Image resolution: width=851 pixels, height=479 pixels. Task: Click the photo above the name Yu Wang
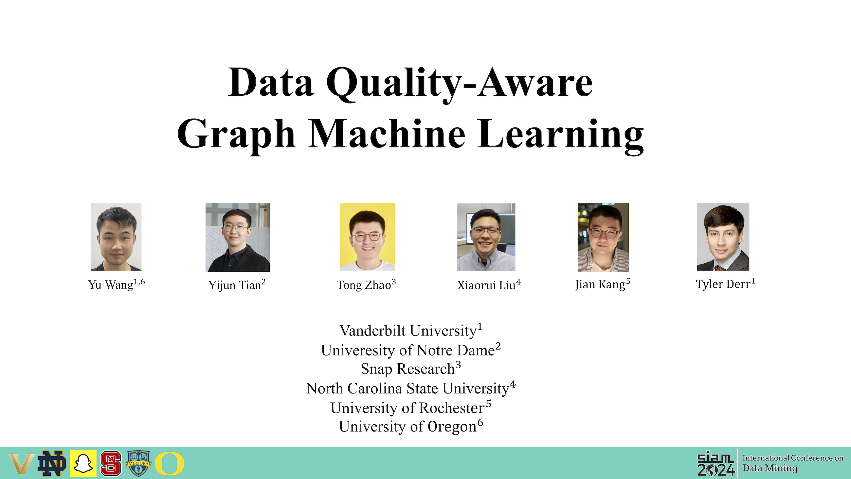click(116, 237)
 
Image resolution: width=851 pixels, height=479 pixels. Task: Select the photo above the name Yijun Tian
click(238, 237)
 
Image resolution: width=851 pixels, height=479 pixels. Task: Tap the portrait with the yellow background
click(367, 237)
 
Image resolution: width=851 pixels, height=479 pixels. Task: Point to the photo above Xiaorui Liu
click(486, 237)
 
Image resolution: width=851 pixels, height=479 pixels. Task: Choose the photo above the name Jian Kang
click(603, 237)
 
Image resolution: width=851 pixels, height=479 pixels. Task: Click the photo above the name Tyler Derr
click(723, 237)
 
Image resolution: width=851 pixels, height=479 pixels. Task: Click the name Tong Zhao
click(366, 285)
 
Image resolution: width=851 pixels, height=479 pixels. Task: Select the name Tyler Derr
click(725, 284)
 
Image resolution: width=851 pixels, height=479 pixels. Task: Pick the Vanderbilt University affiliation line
click(411, 330)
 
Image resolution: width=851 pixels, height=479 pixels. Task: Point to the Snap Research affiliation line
click(411, 369)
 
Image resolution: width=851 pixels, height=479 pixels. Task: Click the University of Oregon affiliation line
click(411, 426)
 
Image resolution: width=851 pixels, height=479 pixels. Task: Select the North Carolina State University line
click(411, 388)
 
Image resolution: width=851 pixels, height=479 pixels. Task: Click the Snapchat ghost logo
click(83, 463)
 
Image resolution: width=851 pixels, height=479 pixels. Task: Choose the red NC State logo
click(111, 463)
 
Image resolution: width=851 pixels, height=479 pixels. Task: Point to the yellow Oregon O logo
click(170, 463)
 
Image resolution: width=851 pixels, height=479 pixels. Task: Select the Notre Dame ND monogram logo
click(52, 463)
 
